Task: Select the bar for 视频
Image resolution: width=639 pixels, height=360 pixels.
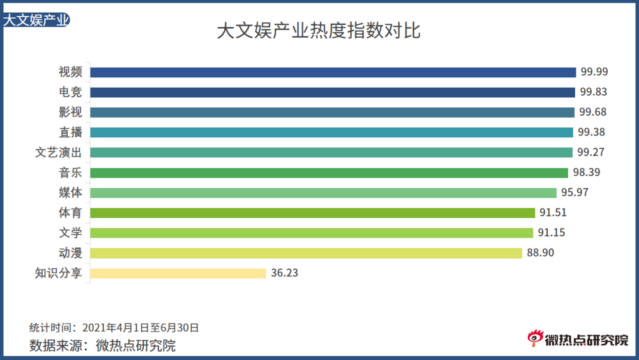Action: click(x=333, y=72)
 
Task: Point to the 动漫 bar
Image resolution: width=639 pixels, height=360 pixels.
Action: click(x=306, y=253)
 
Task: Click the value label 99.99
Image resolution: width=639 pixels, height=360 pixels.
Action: click(x=594, y=72)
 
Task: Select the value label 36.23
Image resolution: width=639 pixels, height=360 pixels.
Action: click(x=285, y=273)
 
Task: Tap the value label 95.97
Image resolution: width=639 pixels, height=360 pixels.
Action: click(x=574, y=192)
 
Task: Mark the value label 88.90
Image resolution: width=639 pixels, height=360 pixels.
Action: click(x=541, y=253)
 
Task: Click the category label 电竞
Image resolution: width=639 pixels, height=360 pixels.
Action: click(x=70, y=92)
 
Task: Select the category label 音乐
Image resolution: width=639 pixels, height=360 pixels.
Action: click(x=70, y=173)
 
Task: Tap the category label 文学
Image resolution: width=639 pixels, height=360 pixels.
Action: click(x=70, y=233)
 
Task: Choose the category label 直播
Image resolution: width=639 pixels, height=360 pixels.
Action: click(x=70, y=132)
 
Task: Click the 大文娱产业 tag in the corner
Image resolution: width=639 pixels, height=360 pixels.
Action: click(x=36, y=20)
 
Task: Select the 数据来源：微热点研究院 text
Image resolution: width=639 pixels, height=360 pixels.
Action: click(x=103, y=346)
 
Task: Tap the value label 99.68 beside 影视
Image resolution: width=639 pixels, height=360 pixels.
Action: click(x=592, y=113)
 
